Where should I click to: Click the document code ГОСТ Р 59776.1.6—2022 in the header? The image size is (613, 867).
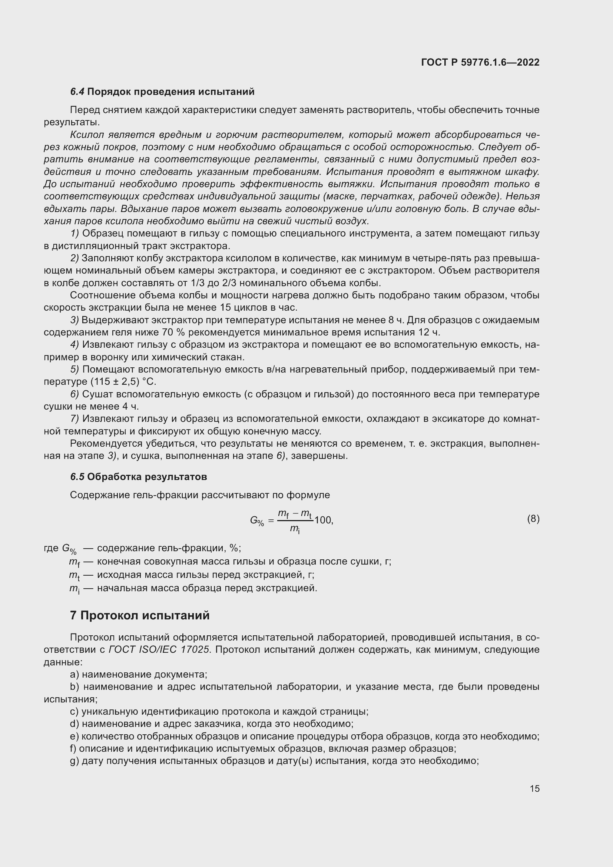coord(480,62)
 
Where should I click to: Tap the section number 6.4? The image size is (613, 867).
coord(77,92)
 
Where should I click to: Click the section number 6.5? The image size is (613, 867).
coord(77,477)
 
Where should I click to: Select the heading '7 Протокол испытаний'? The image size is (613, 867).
coord(140,615)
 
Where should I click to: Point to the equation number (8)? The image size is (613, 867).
coord(533,519)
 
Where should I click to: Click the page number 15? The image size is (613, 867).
coord(534,788)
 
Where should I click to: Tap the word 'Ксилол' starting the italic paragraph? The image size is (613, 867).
coord(86,135)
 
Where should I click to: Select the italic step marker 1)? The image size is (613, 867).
coord(74,234)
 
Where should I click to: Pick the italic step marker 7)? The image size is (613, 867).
coord(74,419)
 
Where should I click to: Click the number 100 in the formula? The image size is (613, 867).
coord(323,520)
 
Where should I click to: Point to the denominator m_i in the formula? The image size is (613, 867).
coord(295,529)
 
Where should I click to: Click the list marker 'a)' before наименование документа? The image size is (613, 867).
coord(74,674)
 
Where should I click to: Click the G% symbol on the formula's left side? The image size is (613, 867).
coord(257,521)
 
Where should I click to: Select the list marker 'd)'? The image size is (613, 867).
coord(74,724)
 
